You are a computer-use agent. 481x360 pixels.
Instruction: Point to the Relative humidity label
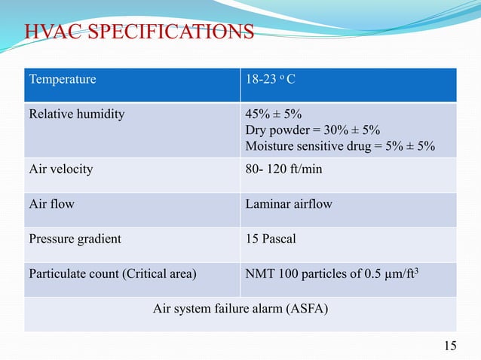tap(77, 114)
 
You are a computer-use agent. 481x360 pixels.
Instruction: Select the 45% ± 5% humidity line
tap(274, 114)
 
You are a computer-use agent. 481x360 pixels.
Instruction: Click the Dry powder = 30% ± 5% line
tap(312, 130)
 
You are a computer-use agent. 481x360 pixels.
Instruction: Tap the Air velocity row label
tap(60, 169)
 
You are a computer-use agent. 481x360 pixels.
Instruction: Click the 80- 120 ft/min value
tap(283, 169)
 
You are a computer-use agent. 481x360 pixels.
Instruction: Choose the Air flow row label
tap(51, 203)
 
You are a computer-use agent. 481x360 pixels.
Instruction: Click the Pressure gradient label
tap(75, 239)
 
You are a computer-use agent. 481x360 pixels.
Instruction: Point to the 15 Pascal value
tap(271, 239)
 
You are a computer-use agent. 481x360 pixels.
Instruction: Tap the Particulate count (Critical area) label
tap(112, 274)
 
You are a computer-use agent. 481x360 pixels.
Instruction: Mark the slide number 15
tap(450, 346)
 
